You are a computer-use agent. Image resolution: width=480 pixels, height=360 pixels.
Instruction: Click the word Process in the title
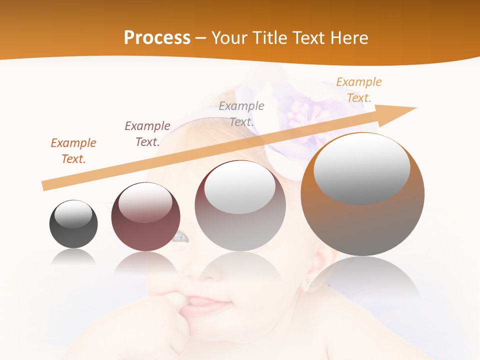(157, 38)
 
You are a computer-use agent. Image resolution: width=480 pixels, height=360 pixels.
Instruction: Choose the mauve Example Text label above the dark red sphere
(147, 134)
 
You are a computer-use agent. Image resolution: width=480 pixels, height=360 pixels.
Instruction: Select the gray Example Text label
(241, 113)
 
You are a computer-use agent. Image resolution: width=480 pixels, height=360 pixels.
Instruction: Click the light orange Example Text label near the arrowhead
(359, 90)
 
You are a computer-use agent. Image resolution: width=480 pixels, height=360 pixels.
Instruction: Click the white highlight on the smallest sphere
(73, 214)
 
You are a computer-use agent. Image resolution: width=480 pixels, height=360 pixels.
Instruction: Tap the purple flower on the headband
(300, 112)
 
